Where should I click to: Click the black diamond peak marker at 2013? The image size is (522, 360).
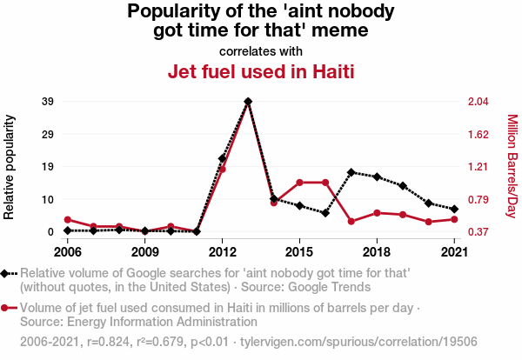(248, 102)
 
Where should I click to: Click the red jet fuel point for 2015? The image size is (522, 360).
(299, 183)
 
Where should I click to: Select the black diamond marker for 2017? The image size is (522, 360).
(351, 172)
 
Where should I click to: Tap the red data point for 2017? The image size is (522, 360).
(351, 222)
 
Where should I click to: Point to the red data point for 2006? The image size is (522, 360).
(67, 219)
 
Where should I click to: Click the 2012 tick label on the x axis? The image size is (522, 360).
(222, 252)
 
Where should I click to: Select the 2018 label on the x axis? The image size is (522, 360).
(377, 252)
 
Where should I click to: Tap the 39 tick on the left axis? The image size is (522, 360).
(49, 102)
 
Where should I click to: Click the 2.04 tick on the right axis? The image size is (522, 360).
(478, 102)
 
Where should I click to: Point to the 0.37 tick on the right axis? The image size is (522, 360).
(478, 232)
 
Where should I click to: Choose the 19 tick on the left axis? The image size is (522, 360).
(49, 167)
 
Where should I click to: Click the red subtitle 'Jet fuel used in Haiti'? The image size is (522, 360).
(261, 71)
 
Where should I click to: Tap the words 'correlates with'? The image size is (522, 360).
(261, 50)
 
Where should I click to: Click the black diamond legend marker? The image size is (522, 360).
(6, 274)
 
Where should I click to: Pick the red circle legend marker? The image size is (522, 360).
(6, 307)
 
